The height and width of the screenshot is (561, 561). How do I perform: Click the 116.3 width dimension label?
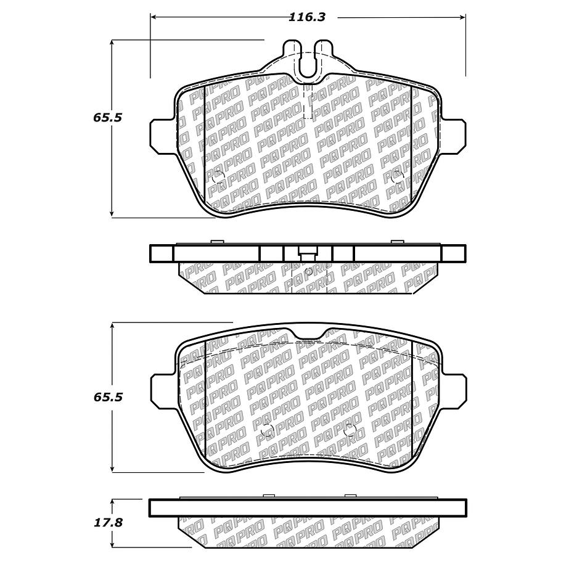(307, 17)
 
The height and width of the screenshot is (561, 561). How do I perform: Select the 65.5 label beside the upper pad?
(108, 117)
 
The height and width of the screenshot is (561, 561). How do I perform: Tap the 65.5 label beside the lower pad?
(108, 397)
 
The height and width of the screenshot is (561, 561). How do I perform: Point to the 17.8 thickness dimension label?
(108, 523)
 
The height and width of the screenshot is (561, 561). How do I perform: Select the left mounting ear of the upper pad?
(163, 137)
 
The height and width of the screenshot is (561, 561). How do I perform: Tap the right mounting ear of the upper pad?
(453, 137)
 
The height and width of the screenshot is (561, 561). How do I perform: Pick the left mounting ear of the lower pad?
(163, 392)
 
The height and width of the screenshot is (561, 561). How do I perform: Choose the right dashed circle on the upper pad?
(398, 176)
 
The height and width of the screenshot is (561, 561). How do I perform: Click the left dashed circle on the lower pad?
(267, 430)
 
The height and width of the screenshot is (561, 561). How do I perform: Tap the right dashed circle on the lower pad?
(350, 430)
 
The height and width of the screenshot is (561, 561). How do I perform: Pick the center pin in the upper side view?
(307, 255)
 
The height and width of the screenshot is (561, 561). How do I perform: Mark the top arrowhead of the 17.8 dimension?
(112, 502)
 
